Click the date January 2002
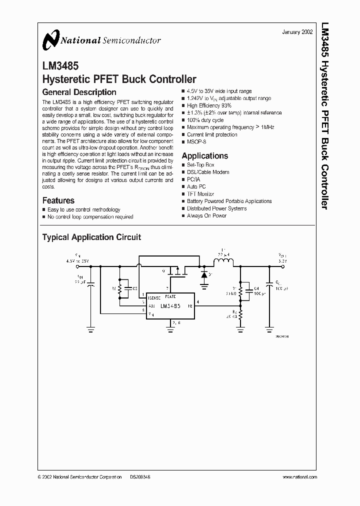click(297, 31)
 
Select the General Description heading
click(79, 92)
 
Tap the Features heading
click(58, 200)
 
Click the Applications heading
click(204, 156)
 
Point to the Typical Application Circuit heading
click(91, 237)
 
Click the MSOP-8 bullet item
click(196, 142)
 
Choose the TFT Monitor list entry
click(200, 194)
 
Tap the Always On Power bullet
click(206, 215)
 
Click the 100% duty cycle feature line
click(205, 120)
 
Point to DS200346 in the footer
click(140, 477)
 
